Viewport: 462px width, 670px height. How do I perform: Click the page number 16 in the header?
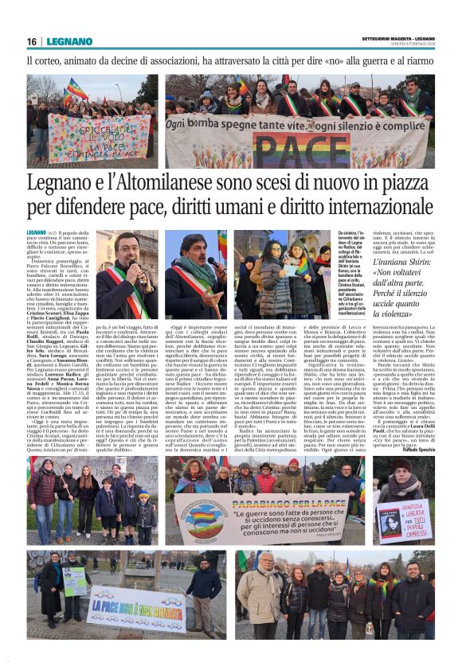point(32,41)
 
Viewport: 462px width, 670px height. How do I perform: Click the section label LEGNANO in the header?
point(69,41)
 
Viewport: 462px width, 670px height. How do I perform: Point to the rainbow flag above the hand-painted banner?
point(78,88)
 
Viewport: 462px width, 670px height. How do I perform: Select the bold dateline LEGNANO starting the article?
point(40,232)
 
